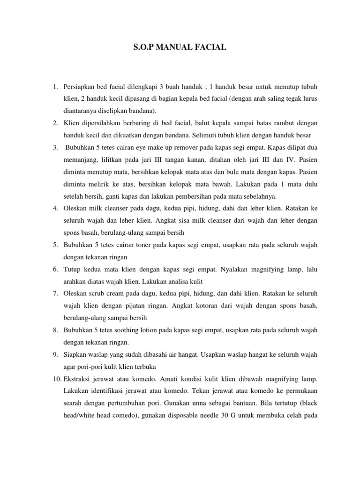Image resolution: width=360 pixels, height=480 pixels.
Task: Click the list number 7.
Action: tap(55, 293)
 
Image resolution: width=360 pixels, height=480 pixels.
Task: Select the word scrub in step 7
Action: tap(98, 293)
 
